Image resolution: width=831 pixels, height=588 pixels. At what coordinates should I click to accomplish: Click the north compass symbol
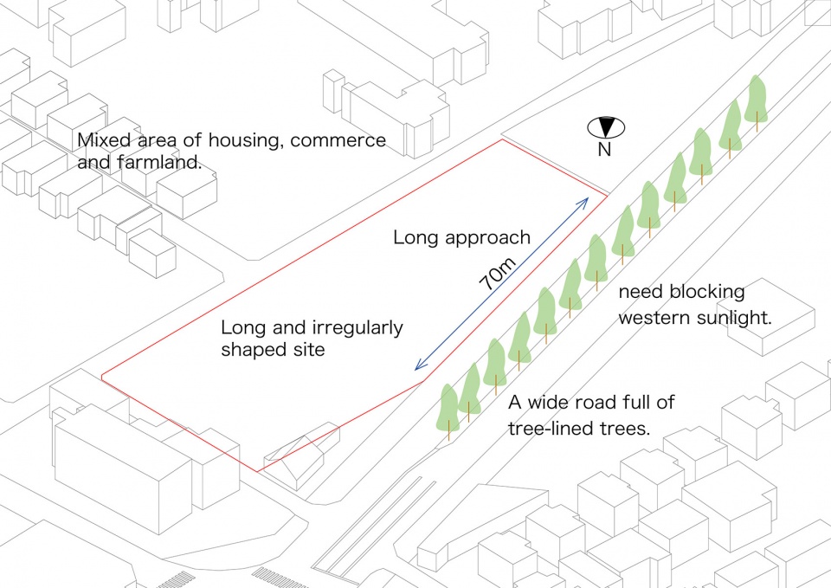pyautogui.click(x=606, y=127)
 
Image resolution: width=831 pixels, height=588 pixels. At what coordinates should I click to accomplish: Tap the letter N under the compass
pyautogui.click(x=604, y=150)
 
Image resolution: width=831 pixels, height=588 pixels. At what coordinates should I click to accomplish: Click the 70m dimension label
pyautogui.click(x=497, y=273)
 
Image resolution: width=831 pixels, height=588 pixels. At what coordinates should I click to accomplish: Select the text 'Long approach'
pyautogui.click(x=461, y=237)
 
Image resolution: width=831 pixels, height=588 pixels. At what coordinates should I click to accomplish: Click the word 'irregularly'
pyautogui.click(x=358, y=328)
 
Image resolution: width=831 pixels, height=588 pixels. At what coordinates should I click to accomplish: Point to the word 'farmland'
pyautogui.click(x=159, y=162)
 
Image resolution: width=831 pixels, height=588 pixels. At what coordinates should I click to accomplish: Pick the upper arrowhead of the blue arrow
pyautogui.click(x=583, y=202)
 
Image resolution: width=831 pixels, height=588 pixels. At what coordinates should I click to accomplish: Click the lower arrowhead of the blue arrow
pyautogui.click(x=420, y=365)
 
